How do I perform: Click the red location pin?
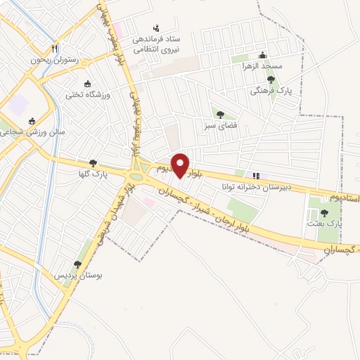pyautogui.click(x=181, y=165)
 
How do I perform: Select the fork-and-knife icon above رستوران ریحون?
pyautogui.click(x=54, y=49)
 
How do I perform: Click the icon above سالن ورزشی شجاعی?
pyautogui.click(x=31, y=121)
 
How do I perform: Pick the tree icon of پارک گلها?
pyautogui.click(x=93, y=162)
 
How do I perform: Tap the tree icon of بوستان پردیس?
pyautogui.click(x=77, y=264)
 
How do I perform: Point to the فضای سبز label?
pyautogui.click(x=219, y=126)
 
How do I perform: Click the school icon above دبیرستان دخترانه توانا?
pyautogui.click(x=256, y=176)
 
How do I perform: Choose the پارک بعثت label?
pyautogui.click(x=324, y=223)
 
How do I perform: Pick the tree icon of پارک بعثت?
pyautogui.click(x=324, y=212)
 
